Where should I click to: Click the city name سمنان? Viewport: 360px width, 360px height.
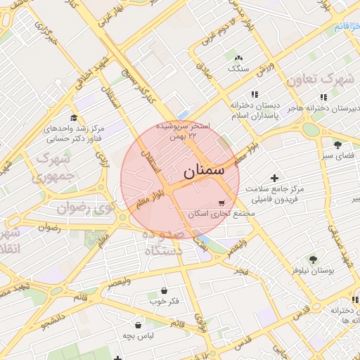coord(204,171)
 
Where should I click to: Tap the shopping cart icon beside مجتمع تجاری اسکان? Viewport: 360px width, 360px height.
coord(222,203)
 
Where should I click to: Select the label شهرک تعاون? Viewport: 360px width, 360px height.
coord(331,79)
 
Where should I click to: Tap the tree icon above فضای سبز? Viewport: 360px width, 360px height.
coord(338,143)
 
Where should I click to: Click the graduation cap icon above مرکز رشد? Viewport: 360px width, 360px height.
coord(74,118)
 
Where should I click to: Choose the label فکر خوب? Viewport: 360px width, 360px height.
coord(164,302)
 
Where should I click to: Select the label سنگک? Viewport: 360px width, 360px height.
coord(238,69)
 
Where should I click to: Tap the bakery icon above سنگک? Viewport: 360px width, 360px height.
coord(238,58)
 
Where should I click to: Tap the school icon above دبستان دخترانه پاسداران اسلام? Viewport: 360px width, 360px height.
coord(254,94)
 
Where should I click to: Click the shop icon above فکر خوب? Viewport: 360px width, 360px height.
coord(164,290)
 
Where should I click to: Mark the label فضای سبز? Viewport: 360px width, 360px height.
coord(337,155)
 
